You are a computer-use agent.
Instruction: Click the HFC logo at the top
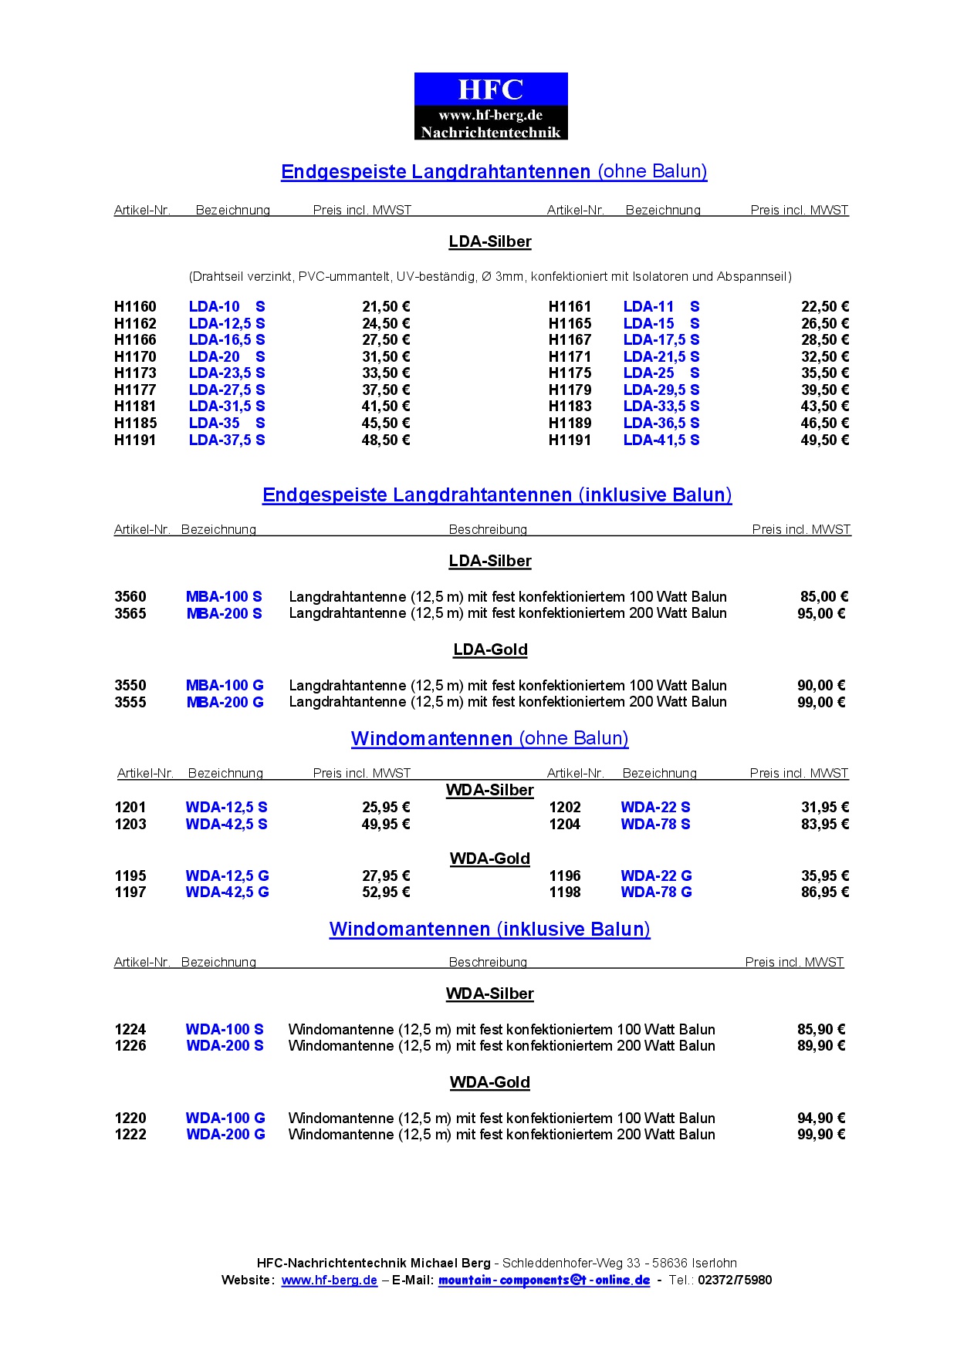[x=491, y=106]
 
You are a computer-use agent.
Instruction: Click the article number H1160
[x=135, y=306]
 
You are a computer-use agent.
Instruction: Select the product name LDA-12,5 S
[x=227, y=323]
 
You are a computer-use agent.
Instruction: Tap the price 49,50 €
[x=824, y=440]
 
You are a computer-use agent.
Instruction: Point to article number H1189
[x=570, y=423]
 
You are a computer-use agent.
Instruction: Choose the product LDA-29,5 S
[x=661, y=390]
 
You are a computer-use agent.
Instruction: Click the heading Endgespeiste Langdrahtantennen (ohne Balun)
[x=494, y=171]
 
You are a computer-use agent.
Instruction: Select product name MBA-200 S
[x=224, y=613]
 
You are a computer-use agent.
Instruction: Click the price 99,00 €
[x=821, y=702]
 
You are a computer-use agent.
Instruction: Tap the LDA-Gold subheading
[x=490, y=650]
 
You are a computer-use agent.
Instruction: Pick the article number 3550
[x=130, y=685]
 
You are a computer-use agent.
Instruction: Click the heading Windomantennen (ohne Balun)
[x=489, y=738]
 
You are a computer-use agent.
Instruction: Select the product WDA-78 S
[x=655, y=824]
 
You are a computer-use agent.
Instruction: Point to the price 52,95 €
[x=386, y=892]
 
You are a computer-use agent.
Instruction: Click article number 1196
[x=565, y=876]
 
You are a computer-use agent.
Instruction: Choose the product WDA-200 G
[x=225, y=1134]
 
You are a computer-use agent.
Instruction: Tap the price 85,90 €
[x=821, y=1029]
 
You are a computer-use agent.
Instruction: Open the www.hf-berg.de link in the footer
[x=330, y=1280]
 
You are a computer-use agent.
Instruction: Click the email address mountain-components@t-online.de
[x=544, y=1280]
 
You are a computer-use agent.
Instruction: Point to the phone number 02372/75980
[x=735, y=1280]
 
